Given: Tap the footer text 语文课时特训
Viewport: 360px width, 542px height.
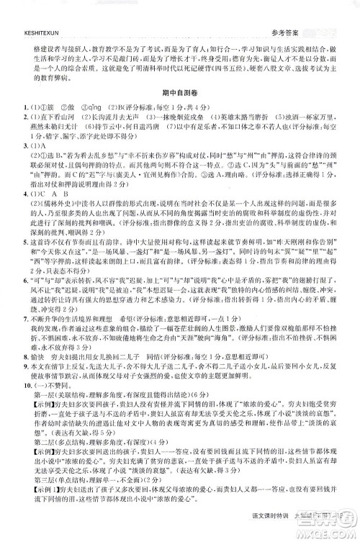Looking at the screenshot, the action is [287, 530].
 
